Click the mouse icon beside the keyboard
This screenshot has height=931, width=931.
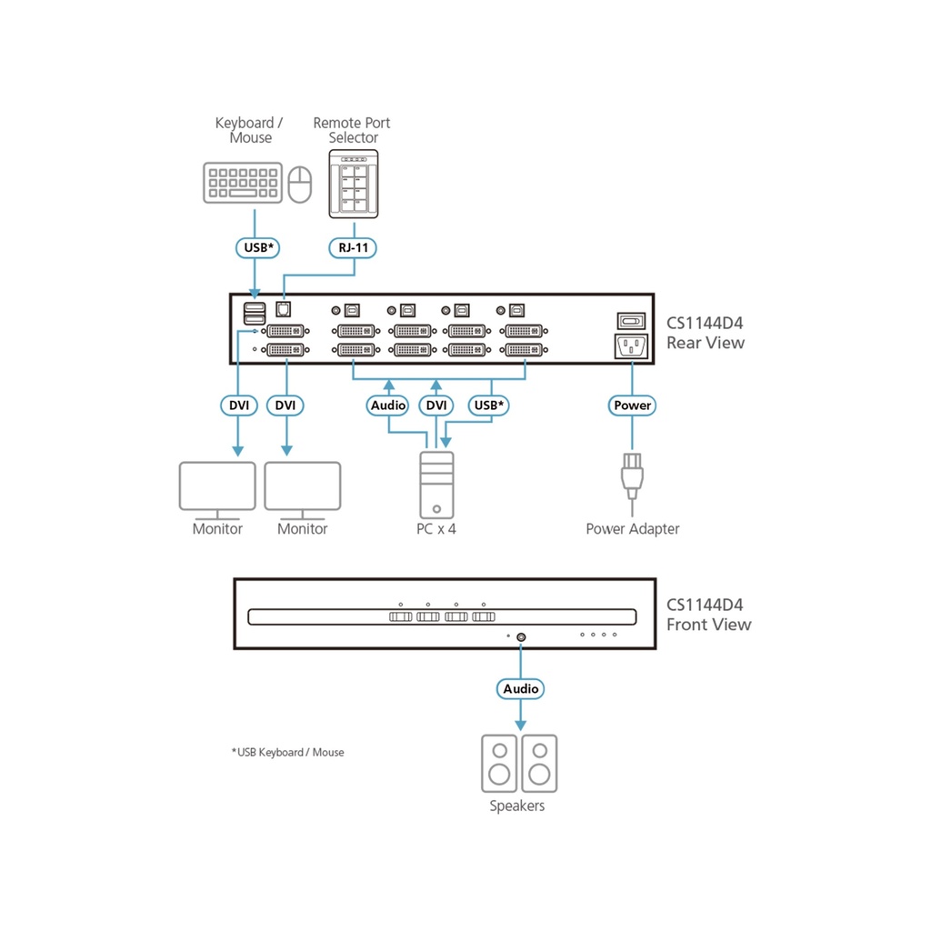tap(300, 185)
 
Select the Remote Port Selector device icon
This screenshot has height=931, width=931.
tap(353, 183)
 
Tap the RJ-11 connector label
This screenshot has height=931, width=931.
tap(353, 246)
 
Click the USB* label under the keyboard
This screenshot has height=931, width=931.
tap(254, 246)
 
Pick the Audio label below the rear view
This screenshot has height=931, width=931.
tap(388, 405)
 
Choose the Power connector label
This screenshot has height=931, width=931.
tap(632, 405)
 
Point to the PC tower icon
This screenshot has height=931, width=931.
tap(435, 485)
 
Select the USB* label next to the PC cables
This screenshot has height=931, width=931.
tap(488, 405)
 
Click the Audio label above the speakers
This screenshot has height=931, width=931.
tap(521, 689)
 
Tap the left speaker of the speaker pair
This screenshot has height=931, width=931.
tap(499, 763)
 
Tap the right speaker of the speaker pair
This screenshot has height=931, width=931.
tap(540, 763)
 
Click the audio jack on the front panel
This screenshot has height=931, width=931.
tap(521, 637)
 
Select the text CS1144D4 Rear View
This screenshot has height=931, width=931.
tap(706, 333)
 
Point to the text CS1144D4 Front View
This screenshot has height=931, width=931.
tap(709, 615)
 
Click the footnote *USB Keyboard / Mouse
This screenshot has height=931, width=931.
tap(288, 753)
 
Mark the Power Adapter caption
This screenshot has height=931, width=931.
tap(632, 529)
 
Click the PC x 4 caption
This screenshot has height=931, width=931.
tap(436, 529)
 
